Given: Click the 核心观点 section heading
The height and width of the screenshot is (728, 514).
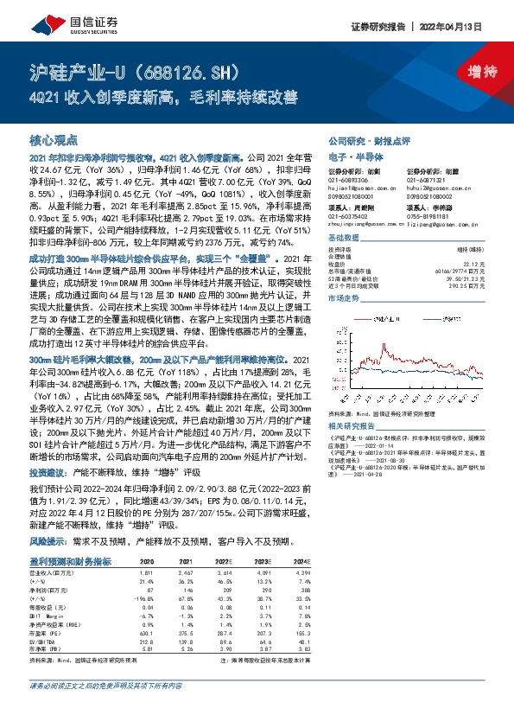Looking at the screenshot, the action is pyautogui.click(x=54, y=139).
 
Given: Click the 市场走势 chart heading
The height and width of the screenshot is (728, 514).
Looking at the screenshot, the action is pyautogui.click(x=344, y=297).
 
